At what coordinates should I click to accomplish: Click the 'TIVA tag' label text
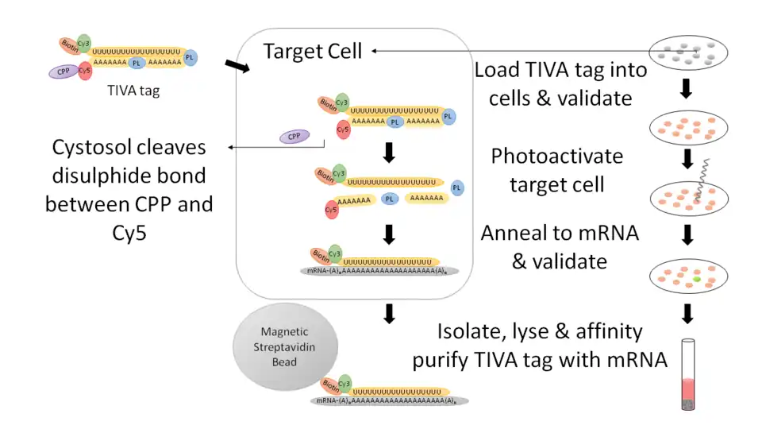pos(133,91)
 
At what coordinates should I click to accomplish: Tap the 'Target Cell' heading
pos(313,52)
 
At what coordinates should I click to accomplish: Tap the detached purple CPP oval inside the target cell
pos(294,136)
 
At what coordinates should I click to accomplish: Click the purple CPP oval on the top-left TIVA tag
pos(61,71)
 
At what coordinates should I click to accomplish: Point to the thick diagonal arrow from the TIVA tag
pos(236,70)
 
